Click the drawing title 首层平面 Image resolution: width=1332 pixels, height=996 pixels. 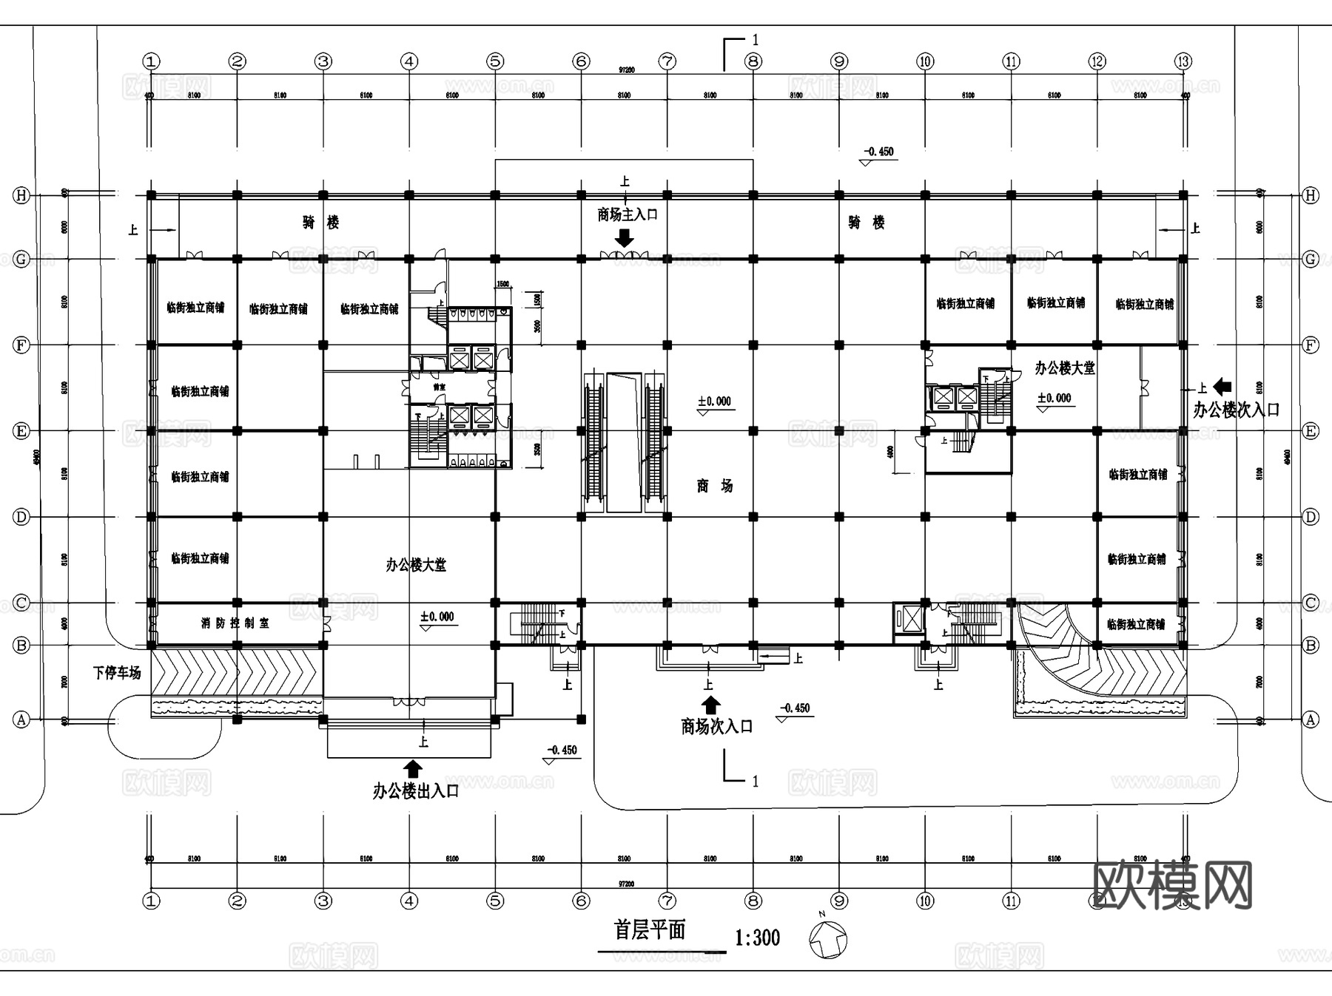650,930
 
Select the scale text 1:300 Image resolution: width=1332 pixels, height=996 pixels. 757,938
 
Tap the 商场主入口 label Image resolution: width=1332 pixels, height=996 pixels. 628,215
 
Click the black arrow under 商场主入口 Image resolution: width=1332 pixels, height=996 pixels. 625,238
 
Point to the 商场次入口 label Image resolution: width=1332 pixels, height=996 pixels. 716,727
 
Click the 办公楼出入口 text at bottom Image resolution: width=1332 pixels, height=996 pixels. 416,792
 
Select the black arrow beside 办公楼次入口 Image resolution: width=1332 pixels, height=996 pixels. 1222,386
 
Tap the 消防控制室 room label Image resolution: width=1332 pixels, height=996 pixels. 235,623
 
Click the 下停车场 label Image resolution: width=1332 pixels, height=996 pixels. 117,673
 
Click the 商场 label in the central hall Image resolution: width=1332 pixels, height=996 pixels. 714,486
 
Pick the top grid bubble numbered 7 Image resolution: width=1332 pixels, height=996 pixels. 667,61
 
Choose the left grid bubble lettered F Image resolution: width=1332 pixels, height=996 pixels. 21,345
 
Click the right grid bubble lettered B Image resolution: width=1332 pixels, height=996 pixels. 1311,646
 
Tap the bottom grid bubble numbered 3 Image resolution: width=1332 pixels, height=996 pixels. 323,901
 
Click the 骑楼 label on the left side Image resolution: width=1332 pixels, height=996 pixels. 320,223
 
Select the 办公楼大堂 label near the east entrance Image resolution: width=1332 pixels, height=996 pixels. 1064,368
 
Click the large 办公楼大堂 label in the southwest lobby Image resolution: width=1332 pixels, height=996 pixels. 415,566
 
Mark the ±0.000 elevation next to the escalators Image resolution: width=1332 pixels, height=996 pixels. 714,402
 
